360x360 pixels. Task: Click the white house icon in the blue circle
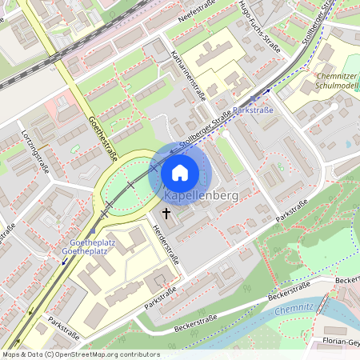point(180,172)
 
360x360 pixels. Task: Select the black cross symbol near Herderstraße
point(166,213)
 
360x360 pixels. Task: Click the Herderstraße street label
point(166,245)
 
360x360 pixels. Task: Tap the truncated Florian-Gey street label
point(342,342)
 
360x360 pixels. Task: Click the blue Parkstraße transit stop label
point(255,110)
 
